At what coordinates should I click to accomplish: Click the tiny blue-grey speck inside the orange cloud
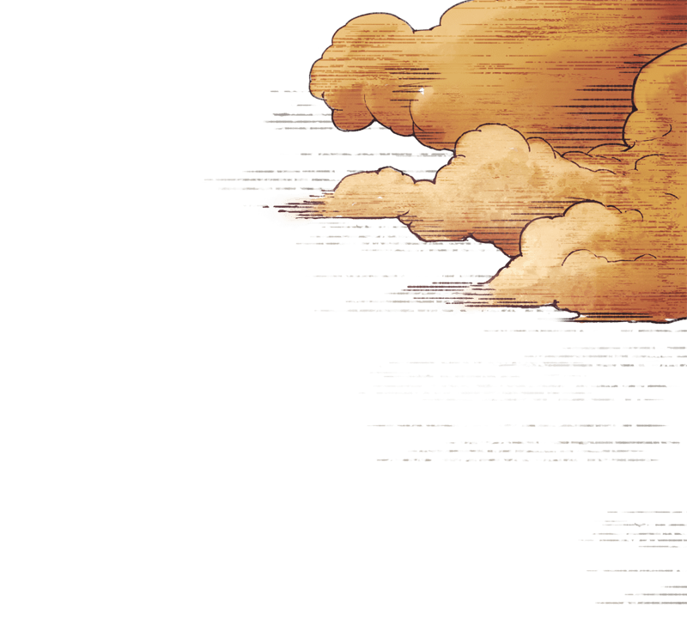click(x=422, y=90)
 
